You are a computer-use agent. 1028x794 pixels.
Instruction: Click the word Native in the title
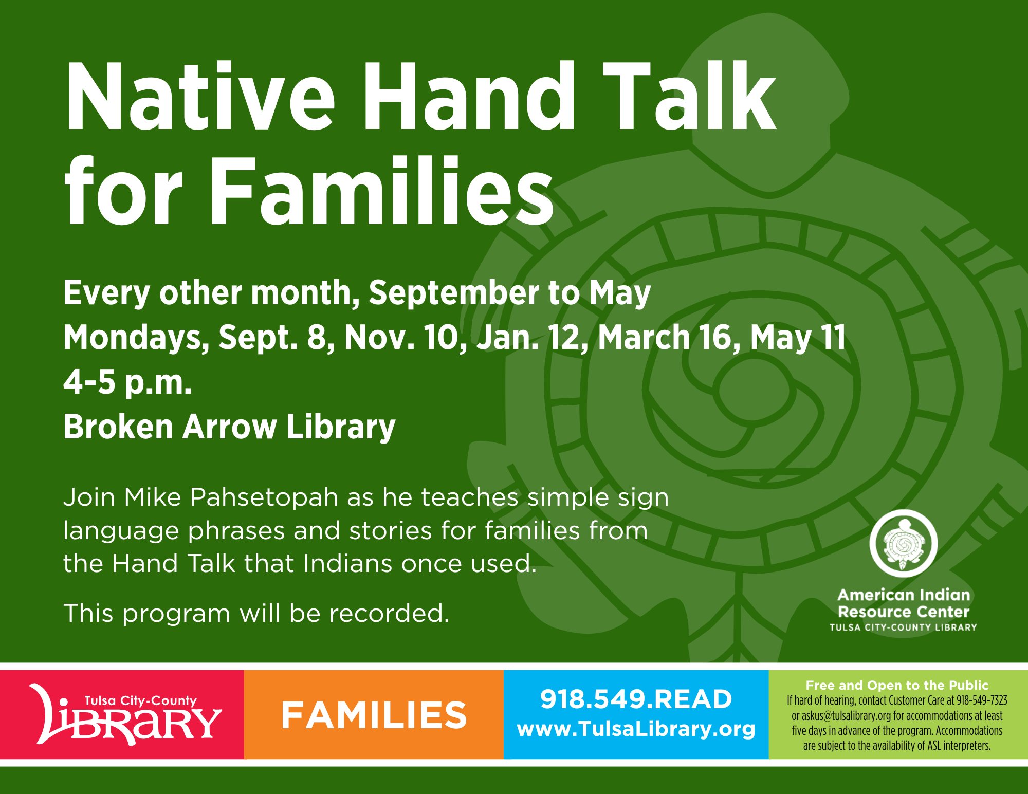[200, 96]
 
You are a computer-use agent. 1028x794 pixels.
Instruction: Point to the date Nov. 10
[406, 338]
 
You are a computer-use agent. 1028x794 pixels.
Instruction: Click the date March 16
[668, 338]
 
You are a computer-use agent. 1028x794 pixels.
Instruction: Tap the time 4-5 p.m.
[127, 383]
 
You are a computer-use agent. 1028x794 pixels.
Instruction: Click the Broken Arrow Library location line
[229, 427]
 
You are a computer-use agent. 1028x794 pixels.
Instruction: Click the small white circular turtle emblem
[903, 543]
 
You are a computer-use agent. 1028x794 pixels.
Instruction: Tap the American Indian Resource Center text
[903, 603]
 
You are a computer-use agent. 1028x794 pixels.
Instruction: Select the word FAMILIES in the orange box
[374, 715]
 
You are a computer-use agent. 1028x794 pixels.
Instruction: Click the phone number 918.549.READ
[636, 699]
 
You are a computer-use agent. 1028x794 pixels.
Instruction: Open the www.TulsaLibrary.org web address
[636, 729]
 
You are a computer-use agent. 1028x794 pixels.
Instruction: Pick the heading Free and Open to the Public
[897, 685]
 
